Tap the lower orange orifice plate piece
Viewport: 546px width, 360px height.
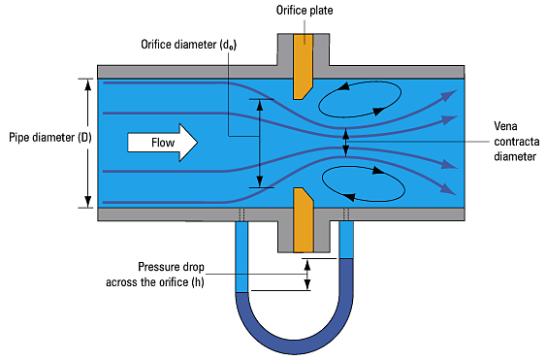coord(301,217)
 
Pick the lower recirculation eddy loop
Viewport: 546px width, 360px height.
coord(360,181)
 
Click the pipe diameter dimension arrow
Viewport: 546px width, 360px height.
coord(88,142)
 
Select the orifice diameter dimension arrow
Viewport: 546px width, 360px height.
coord(259,142)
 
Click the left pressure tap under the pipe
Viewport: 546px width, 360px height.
coord(241,214)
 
